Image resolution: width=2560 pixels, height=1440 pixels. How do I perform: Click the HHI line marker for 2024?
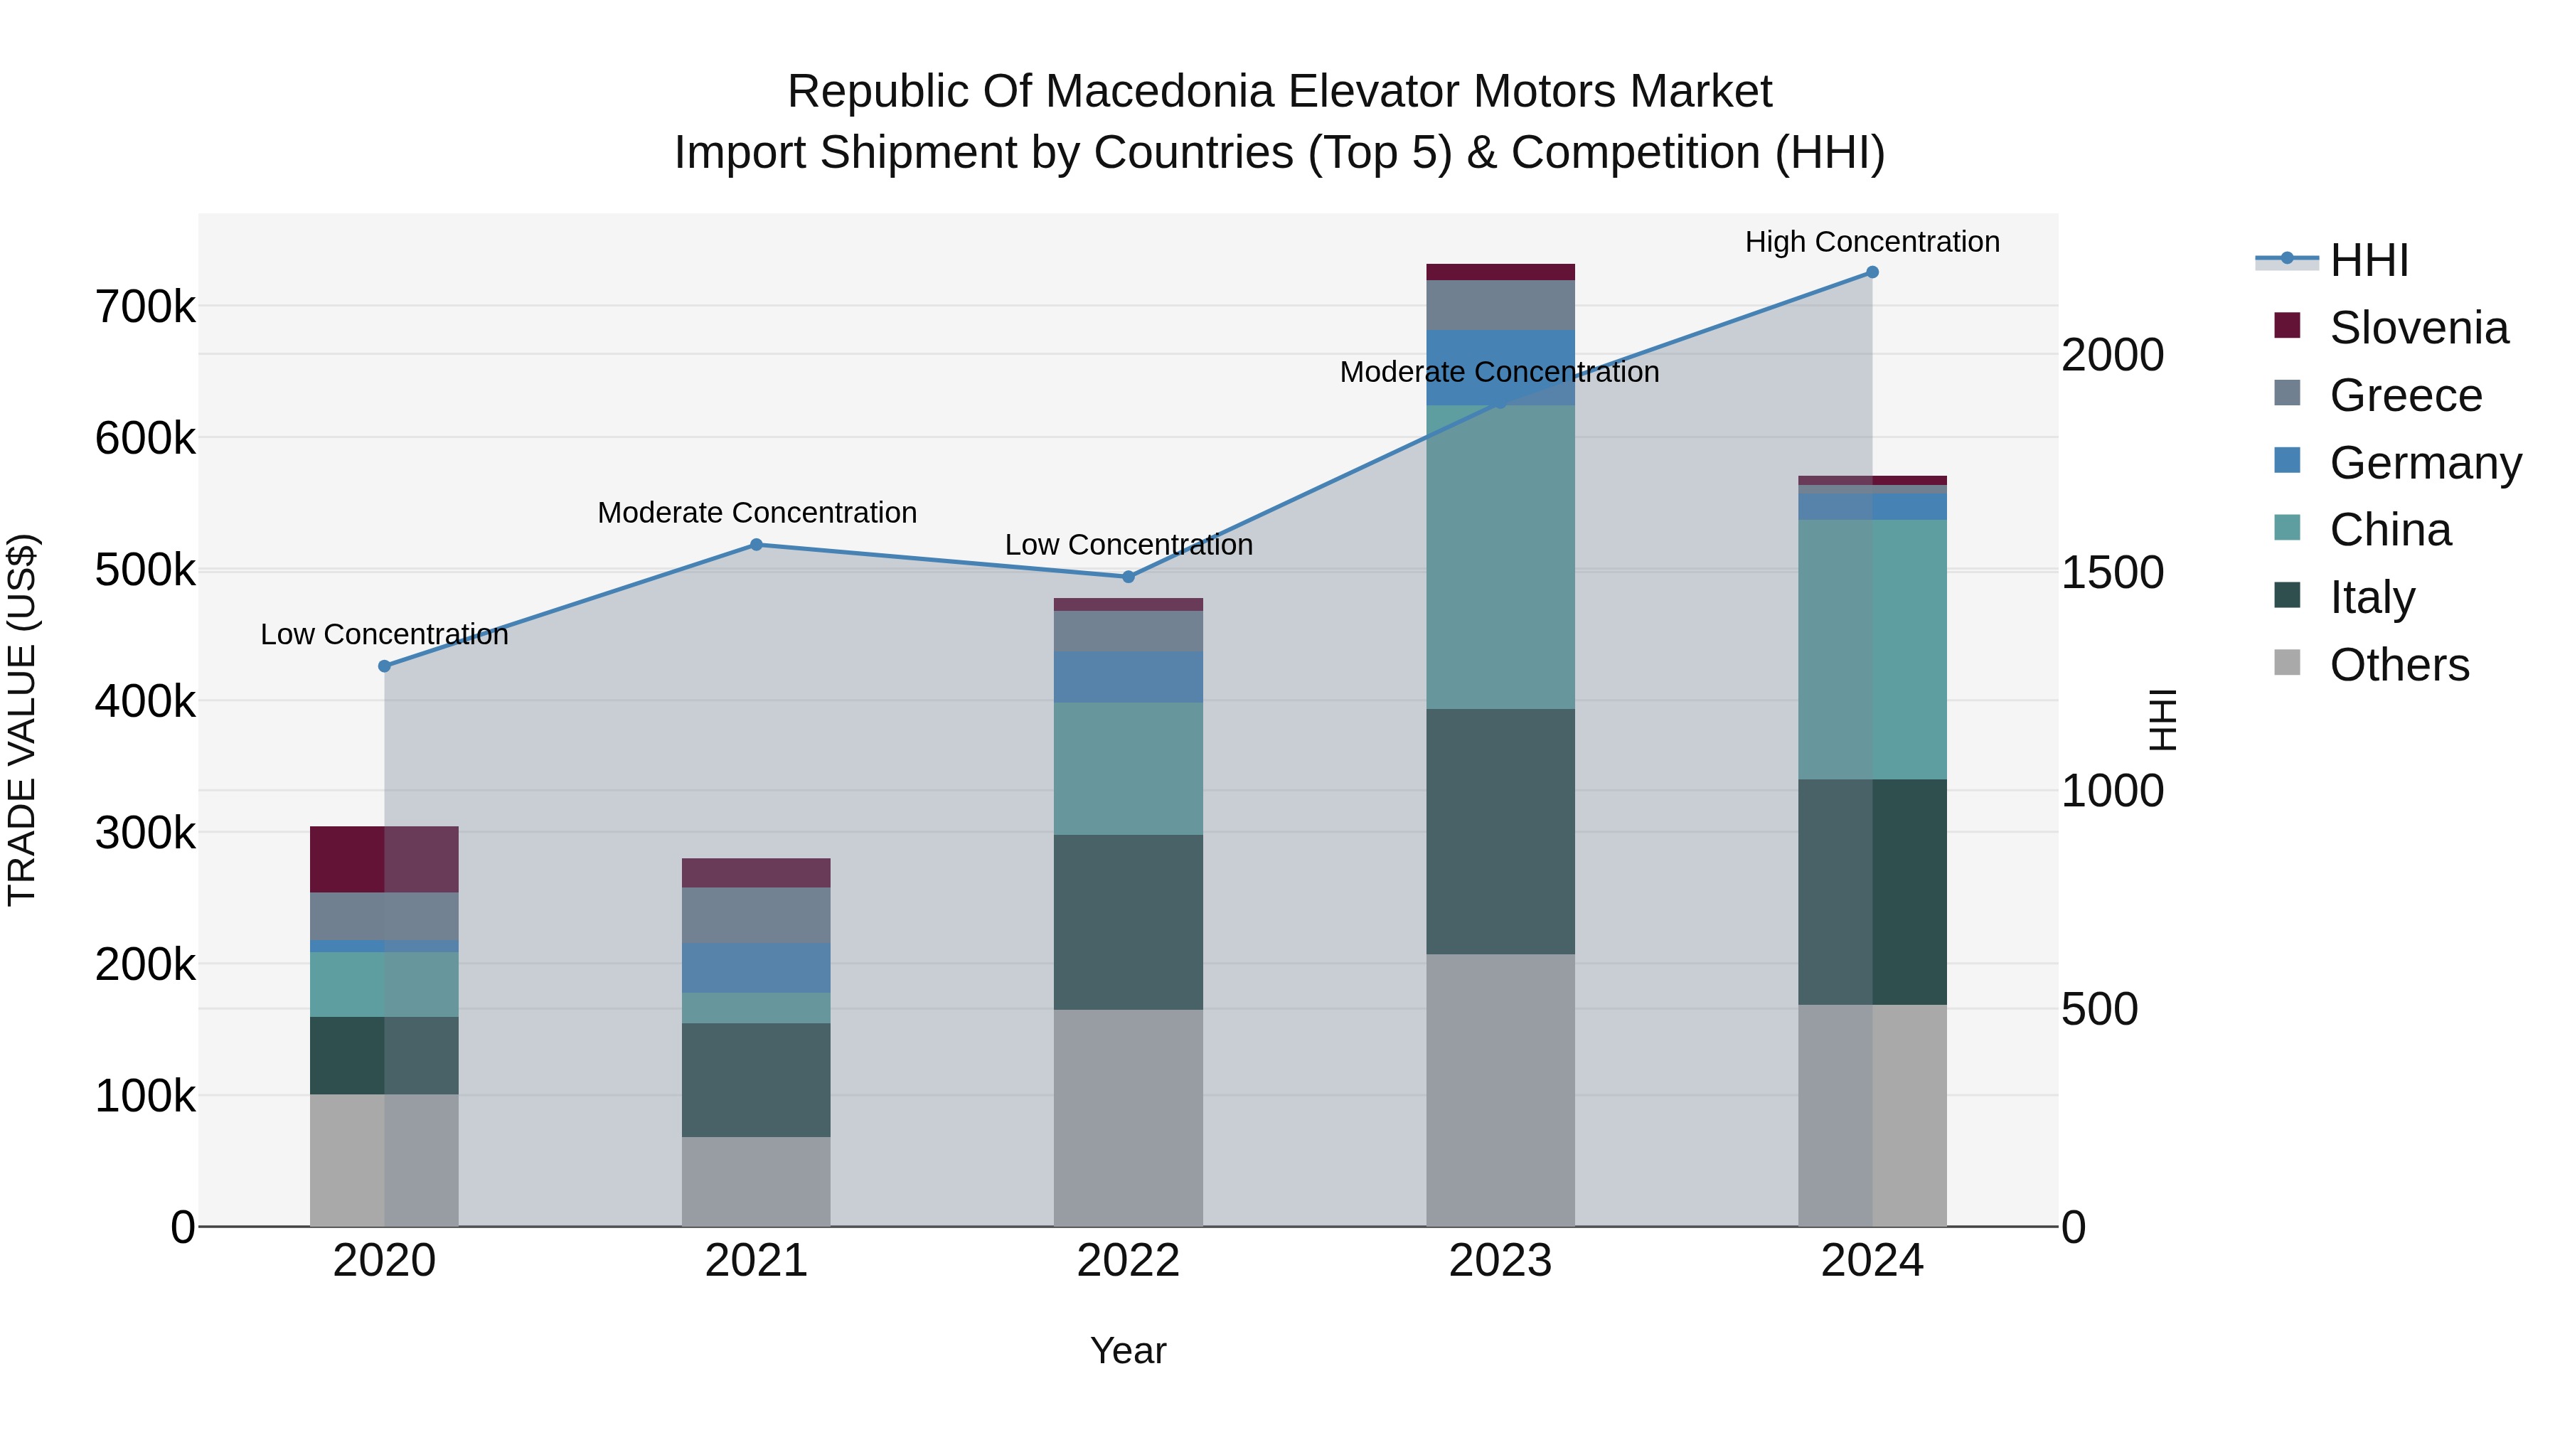tap(1872, 272)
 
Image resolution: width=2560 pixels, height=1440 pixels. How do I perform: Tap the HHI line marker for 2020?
tap(385, 666)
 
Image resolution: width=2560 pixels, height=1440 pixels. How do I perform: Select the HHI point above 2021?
tap(757, 545)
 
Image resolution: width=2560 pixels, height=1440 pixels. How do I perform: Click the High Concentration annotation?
tap(1872, 242)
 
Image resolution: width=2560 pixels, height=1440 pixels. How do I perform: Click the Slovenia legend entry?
tap(2417, 328)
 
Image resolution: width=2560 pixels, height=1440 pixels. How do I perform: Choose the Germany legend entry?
tap(2424, 463)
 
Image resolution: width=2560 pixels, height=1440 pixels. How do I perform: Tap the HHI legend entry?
tap(2368, 260)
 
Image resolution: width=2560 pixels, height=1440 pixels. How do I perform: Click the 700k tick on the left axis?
tap(145, 307)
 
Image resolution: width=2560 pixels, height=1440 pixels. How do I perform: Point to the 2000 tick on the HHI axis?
tap(2112, 355)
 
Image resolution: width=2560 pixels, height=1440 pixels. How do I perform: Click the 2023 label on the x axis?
tap(1500, 1261)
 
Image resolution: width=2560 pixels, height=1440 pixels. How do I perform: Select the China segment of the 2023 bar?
tap(1500, 557)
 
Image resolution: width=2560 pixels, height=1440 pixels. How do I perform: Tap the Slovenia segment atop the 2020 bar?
tap(385, 858)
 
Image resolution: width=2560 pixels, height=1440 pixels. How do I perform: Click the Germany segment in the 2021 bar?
tap(757, 967)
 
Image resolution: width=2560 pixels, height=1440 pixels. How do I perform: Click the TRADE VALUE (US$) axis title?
tap(22, 720)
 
